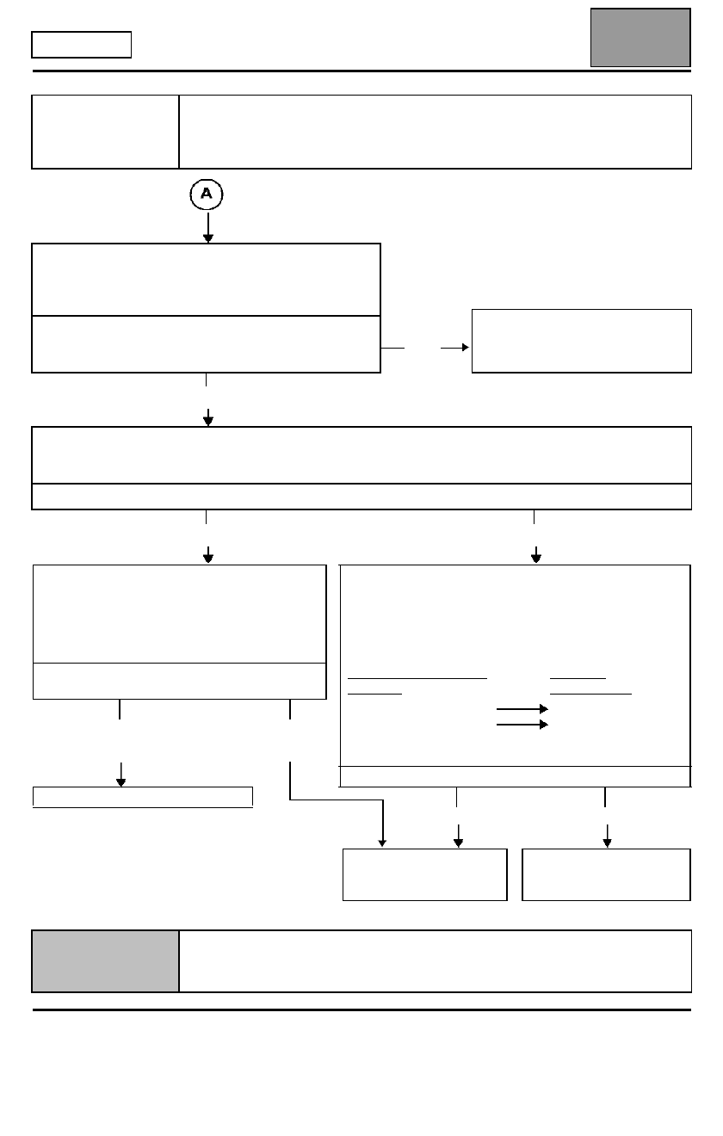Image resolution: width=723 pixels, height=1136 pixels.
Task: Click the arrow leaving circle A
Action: (x=208, y=228)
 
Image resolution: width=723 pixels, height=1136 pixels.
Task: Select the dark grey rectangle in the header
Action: (x=640, y=38)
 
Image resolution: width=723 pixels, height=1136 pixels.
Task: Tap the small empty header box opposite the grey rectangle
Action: (x=81, y=45)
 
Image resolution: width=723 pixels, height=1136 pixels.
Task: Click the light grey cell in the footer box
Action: (x=106, y=960)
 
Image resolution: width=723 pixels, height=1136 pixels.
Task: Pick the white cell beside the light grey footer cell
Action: (x=436, y=960)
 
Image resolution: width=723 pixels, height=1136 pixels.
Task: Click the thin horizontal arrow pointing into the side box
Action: (x=454, y=348)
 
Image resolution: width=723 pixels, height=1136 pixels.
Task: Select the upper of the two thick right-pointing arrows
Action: (x=522, y=708)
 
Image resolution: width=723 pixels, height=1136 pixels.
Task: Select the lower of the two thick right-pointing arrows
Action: (x=522, y=725)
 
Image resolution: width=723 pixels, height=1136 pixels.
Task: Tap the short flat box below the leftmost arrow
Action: (x=143, y=797)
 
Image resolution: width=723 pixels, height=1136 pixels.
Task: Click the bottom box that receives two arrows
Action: (x=424, y=874)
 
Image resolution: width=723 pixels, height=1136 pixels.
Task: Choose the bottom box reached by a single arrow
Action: (x=606, y=874)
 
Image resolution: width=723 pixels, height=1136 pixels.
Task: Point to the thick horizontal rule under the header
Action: (x=361, y=71)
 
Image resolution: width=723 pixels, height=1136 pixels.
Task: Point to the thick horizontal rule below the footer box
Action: (x=361, y=1009)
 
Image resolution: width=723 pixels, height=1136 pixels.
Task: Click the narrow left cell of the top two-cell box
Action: (x=105, y=132)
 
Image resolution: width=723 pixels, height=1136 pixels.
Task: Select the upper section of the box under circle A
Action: (x=206, y=280)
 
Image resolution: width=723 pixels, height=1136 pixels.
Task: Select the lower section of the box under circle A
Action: (x=206, y=344)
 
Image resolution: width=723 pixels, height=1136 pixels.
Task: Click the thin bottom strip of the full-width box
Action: (x=361, y=497)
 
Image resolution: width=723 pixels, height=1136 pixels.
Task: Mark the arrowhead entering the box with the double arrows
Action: (x=535, y=558)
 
